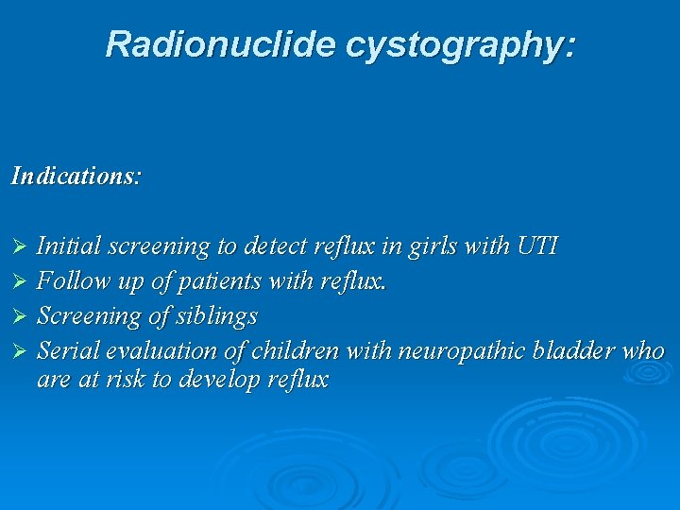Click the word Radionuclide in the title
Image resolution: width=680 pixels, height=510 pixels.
(220, 44)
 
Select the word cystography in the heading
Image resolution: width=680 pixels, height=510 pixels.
(459, 44)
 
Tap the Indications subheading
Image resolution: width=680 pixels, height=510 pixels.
(76, 176)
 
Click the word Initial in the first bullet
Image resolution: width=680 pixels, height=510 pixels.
(69, 246)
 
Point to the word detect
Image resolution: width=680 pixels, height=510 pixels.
(275, 246)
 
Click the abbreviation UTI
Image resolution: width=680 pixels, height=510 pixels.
(537, 246)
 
